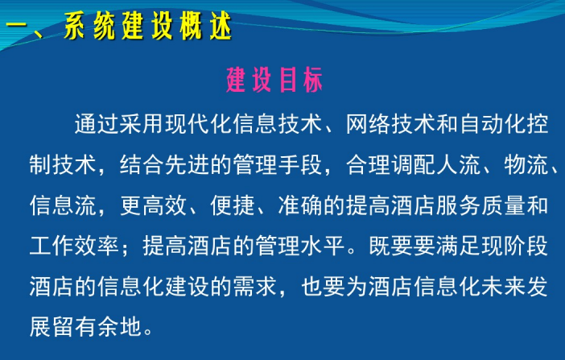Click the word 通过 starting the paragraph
[97, 124]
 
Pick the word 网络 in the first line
[368, 124]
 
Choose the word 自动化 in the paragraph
[493, 124]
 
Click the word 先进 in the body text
[187, 165]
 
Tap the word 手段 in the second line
[300, 165]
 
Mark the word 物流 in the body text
[526, 165]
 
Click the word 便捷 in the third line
[233, 205]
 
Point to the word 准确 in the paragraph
[300, 205]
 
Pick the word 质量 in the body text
[504, 205]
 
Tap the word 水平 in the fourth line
[323, 246]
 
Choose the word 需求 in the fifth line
[255, 287]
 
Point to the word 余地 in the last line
[119, 327]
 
